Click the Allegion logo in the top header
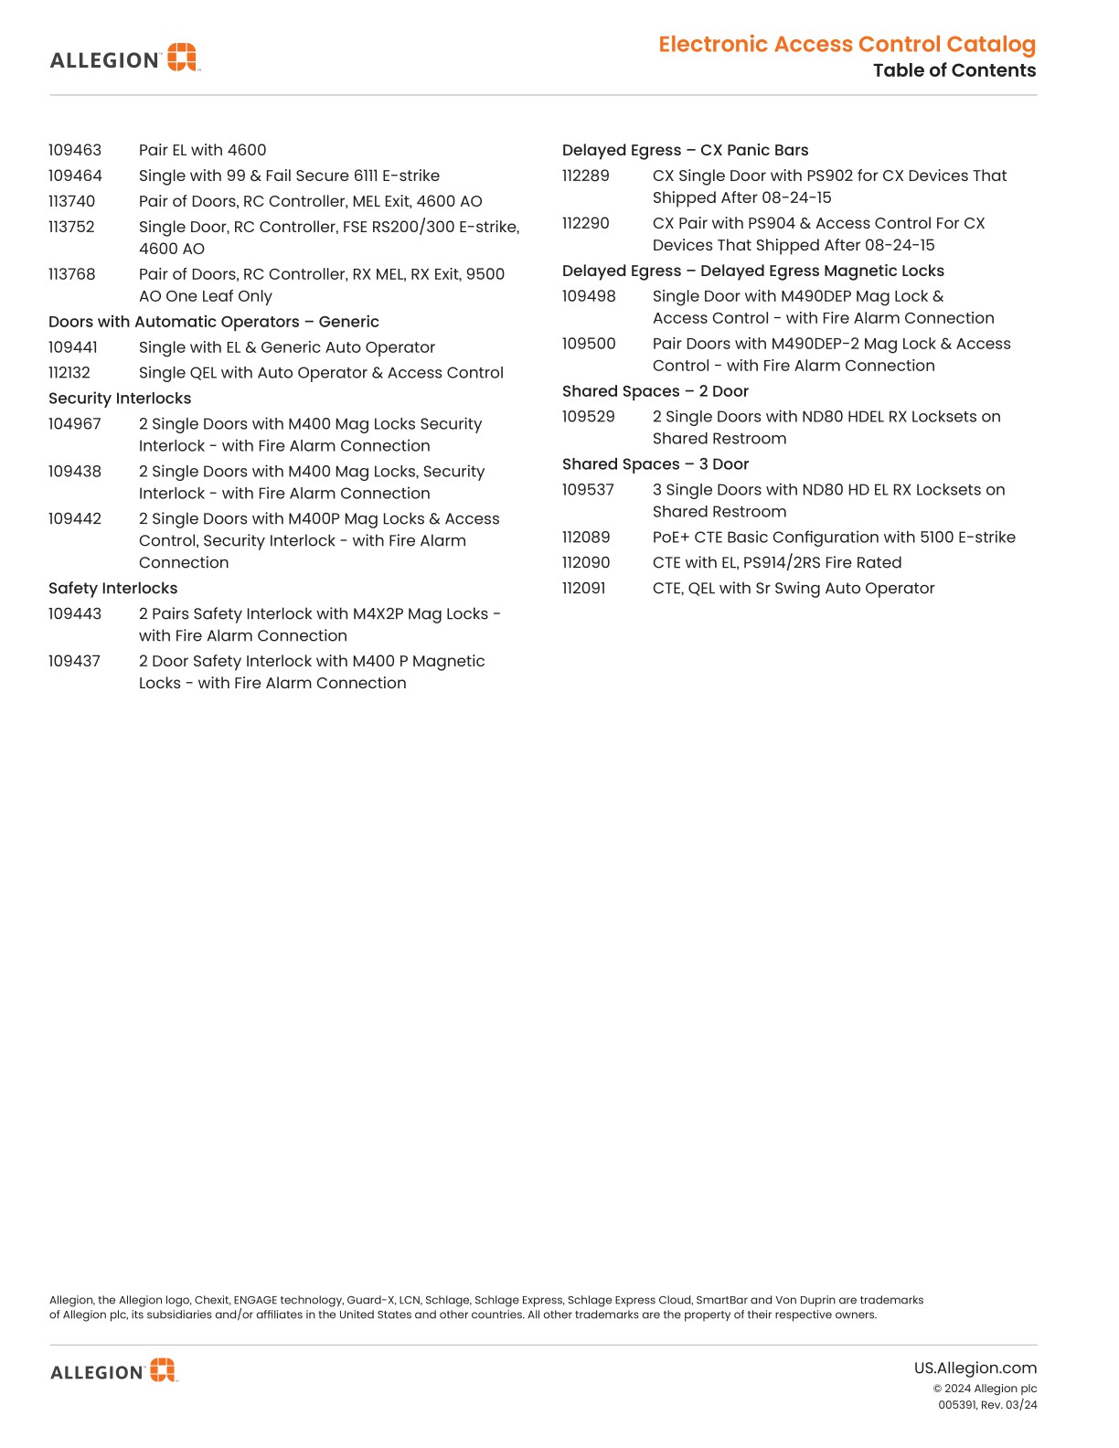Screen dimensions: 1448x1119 pos(123,59)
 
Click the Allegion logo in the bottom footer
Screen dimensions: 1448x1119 pos(113,1370)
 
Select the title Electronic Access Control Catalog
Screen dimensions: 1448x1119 pos(847,44)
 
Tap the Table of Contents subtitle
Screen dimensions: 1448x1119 pos(954,70)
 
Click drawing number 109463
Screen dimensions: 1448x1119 pos(75,150)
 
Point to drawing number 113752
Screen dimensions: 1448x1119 pos(71,227)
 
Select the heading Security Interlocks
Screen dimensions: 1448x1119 pos(120,399)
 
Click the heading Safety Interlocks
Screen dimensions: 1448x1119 pos(112,589)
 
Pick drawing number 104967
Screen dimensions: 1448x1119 pos(75,424)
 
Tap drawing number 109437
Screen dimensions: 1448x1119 pos(74,661)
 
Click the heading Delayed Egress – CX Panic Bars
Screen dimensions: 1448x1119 pos(685,150)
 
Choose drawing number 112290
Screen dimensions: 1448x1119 pos(585,223)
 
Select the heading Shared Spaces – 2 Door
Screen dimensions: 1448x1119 pos(655,391)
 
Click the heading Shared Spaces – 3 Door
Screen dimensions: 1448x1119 pos(655,464)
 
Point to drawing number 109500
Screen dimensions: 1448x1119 pos(589,344)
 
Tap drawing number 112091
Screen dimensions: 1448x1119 pos(583,589)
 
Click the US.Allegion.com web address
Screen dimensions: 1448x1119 pos(975,1368)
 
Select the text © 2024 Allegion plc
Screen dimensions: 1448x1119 pos(985,1389)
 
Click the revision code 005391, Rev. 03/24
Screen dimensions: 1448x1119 pos(987,1405)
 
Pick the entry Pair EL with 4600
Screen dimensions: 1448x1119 pos(202,150)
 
